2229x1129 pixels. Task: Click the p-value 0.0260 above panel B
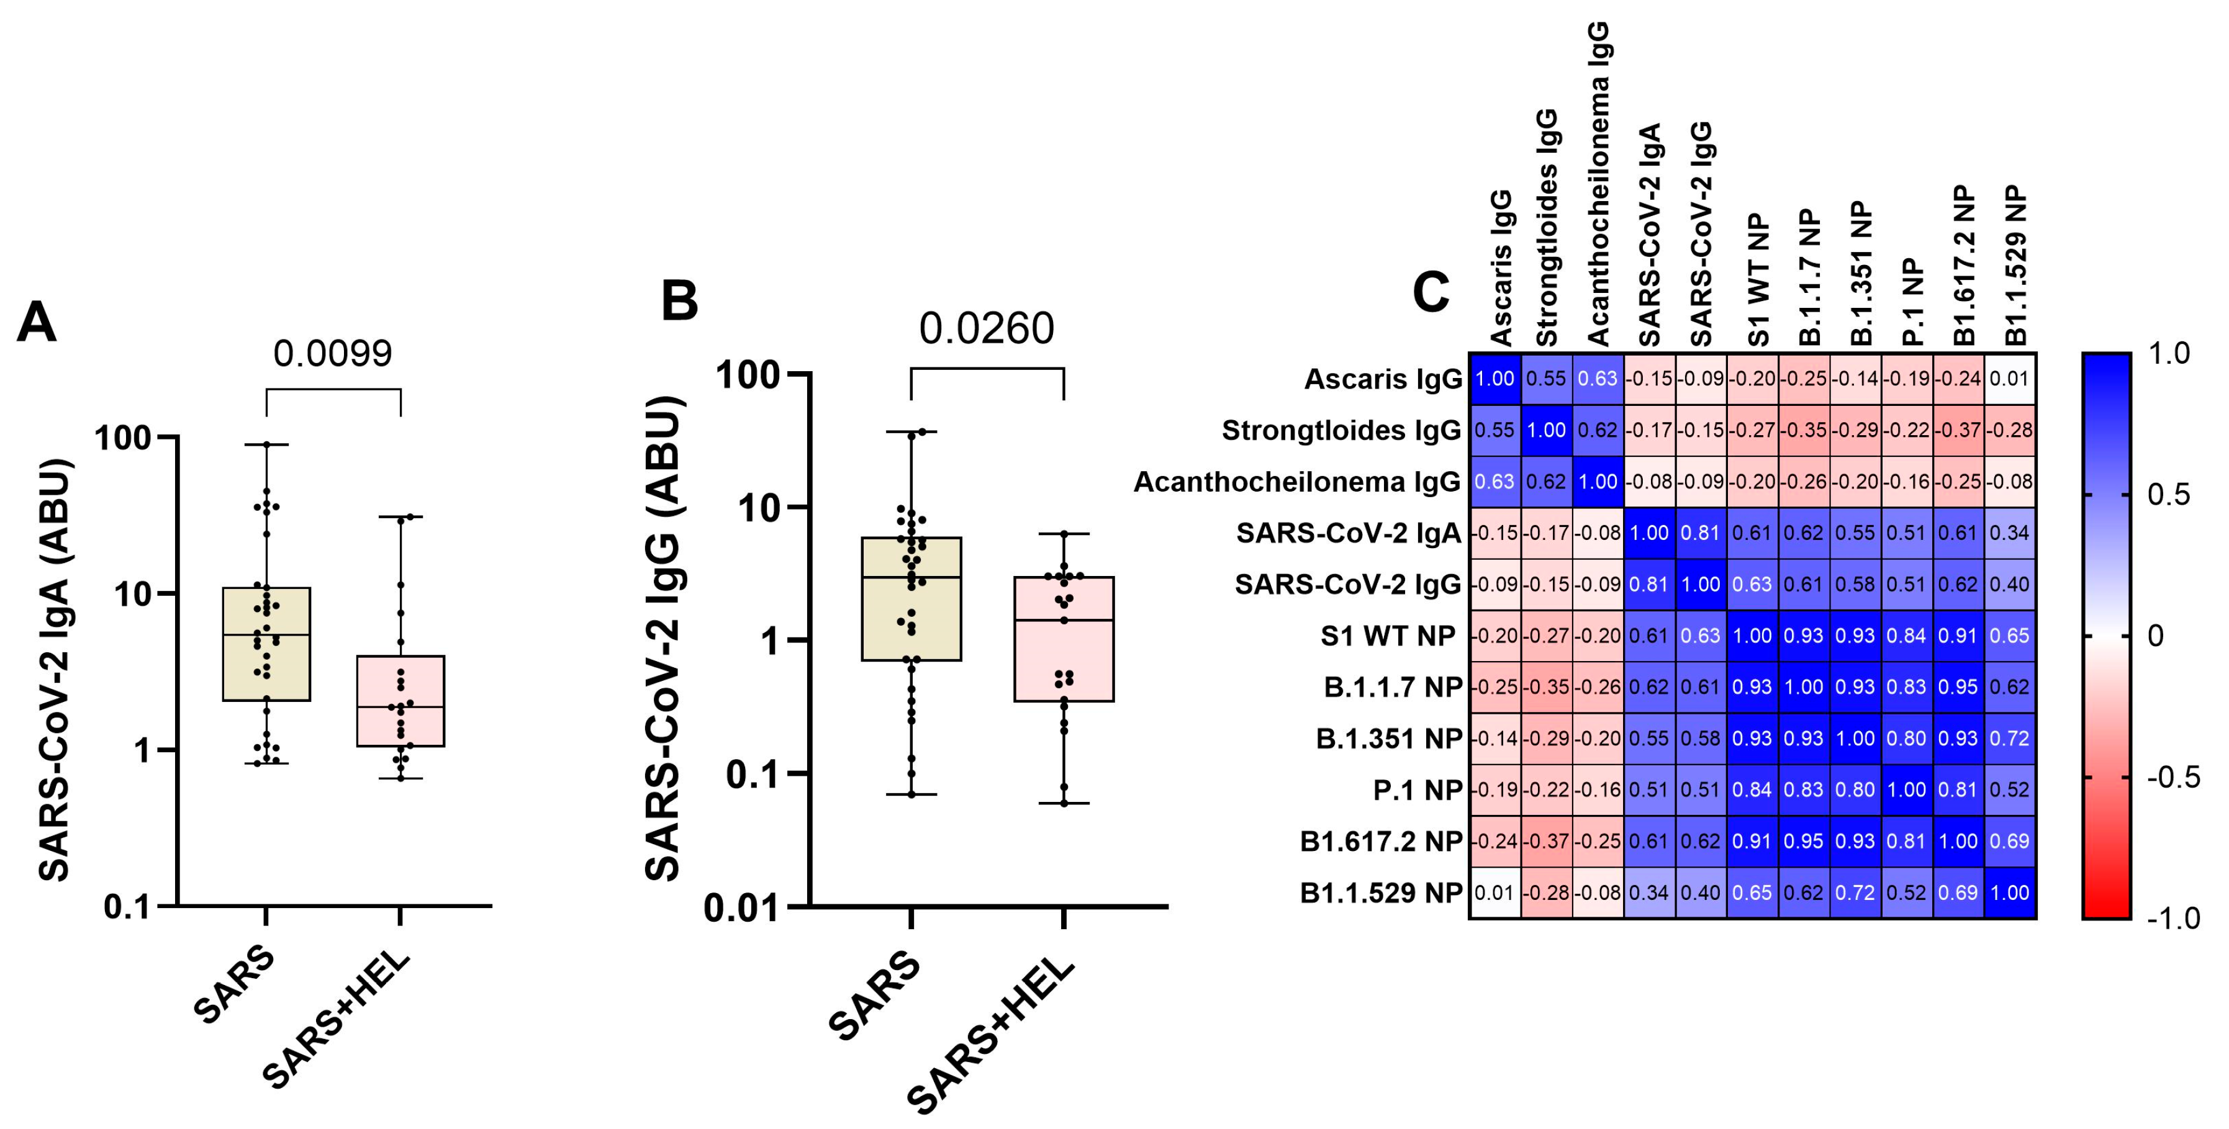click(987, 328)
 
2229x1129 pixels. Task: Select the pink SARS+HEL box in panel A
click(400, 701)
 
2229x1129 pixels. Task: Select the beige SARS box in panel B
click(911, 599)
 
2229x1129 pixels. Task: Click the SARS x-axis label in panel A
click(233, 986)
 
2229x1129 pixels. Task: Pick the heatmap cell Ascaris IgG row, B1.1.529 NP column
click(2010, 379)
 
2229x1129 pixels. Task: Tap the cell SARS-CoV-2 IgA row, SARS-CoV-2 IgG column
click(1700, 533)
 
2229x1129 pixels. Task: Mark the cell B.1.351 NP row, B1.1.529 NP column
click(2010, 739)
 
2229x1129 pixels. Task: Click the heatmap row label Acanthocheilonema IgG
click(1296, 482)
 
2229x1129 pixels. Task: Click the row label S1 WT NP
click(1388, 636)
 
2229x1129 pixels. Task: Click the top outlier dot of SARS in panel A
click(266, 444)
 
